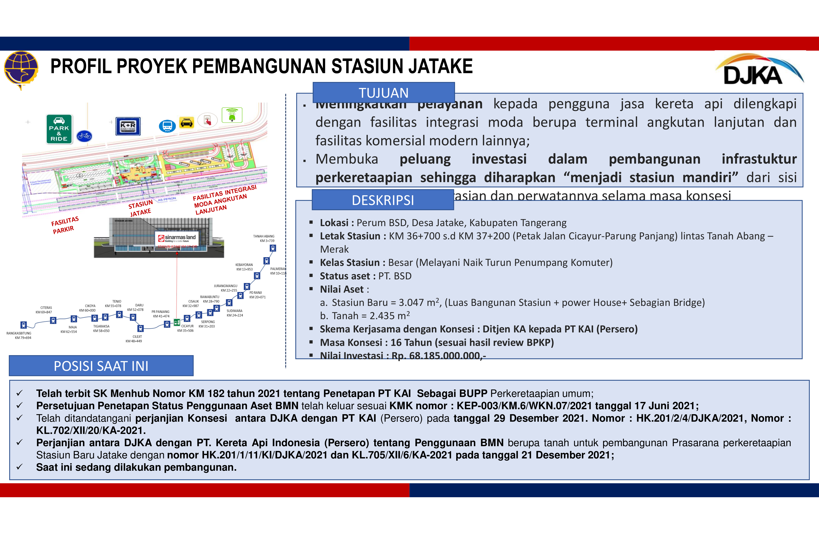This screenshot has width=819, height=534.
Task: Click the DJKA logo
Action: coord(759,71)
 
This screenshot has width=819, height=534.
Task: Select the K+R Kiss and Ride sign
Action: coord(128,126)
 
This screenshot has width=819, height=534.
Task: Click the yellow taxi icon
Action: coord(187,122)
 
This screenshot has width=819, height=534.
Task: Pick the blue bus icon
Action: coord(167,126)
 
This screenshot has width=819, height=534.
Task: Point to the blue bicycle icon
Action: coord(84,136)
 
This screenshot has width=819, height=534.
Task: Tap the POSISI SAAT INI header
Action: coord(101,366)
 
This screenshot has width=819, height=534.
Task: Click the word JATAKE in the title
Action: coord(441,66)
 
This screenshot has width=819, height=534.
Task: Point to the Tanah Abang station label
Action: coord(264,238)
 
